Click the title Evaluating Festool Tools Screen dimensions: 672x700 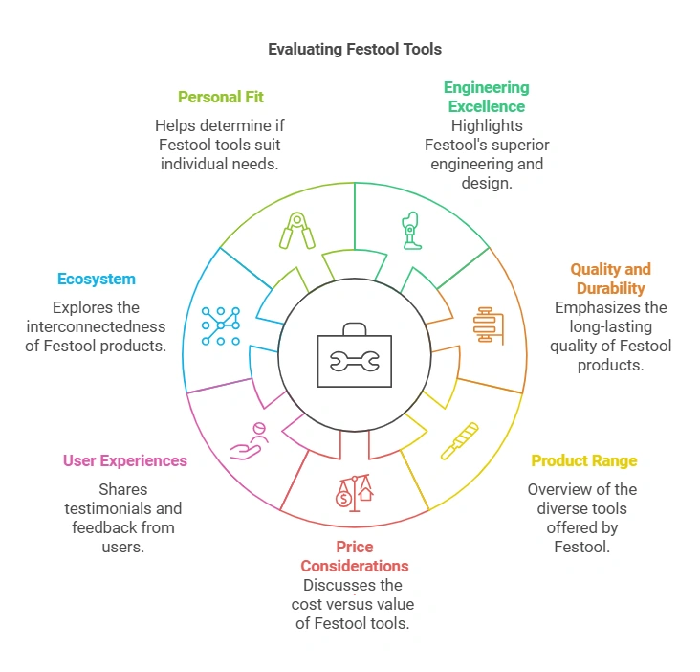point(355,48)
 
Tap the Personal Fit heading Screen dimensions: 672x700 point(220,97)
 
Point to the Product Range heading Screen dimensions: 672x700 point(583,460)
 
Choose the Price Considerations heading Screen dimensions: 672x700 point(354,556)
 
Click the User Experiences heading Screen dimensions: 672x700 point(125,460)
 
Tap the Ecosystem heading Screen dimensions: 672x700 point(96,279)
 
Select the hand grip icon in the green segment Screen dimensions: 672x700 point(296,231)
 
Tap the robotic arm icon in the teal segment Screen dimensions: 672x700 point(411,230)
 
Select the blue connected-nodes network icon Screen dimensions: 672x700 point(220,325)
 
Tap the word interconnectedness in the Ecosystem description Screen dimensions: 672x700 point(85,326)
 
